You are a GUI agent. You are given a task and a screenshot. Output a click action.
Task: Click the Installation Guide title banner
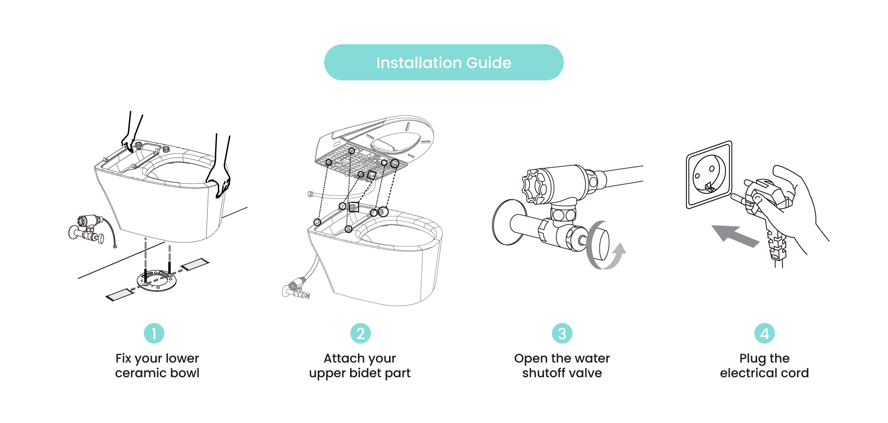[x=444, y=62]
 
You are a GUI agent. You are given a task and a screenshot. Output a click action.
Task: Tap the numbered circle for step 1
[x=154, y=333]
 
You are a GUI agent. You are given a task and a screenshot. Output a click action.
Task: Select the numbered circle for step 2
[x=360, y=333]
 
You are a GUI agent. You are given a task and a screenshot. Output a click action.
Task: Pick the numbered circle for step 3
[x=562, y=333]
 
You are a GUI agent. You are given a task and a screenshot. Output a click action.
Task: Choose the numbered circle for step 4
[x=765, y=333]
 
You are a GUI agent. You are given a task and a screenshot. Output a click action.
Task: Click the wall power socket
[x=709, y=175]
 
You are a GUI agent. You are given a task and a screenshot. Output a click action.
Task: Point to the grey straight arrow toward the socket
[x=735, y=235]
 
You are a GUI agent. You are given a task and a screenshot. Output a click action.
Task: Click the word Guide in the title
[x=489, y=63]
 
